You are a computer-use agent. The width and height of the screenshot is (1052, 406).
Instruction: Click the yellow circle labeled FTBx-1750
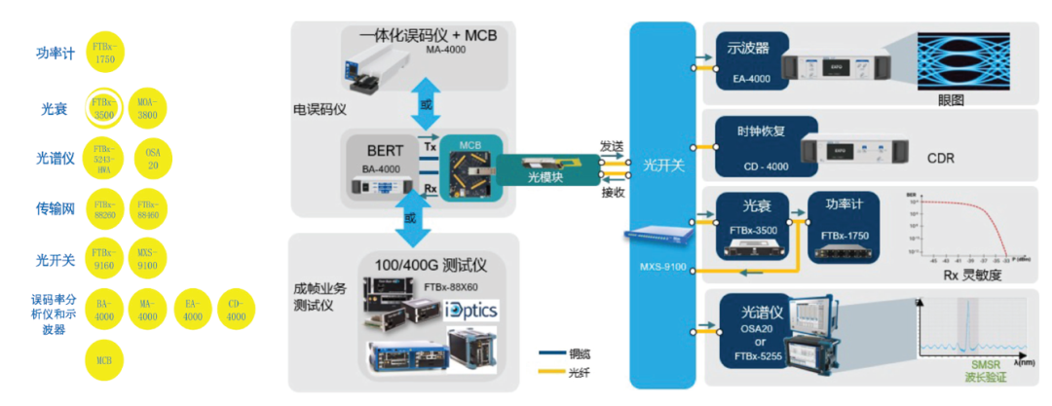point(104,53)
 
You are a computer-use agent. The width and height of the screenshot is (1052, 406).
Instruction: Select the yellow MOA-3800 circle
point(147,106)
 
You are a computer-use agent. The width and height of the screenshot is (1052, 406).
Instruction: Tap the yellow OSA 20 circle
point(153,159)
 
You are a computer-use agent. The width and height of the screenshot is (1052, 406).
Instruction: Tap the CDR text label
point(941,158)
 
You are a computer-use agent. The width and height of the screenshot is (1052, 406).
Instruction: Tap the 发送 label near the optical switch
point(611,145)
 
